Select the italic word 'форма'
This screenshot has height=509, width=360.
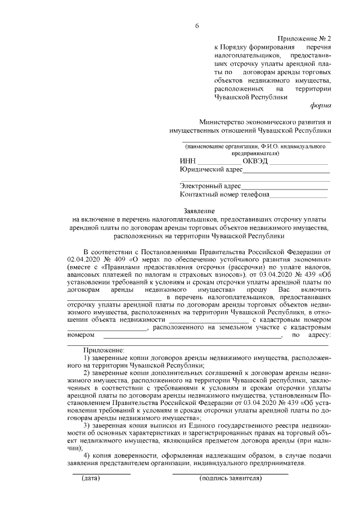coord(321,106)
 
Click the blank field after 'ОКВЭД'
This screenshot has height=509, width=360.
coord(299,161)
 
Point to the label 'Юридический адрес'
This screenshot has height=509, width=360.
coord(211,169)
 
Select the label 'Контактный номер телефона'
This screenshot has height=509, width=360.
coord(224,195)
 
